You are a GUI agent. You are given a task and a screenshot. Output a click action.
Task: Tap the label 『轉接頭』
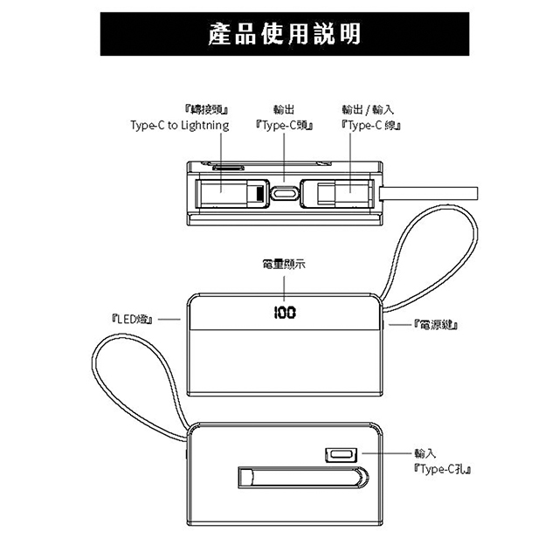point(207,110)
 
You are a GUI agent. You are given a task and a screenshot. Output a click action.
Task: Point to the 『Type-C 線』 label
point(368,126)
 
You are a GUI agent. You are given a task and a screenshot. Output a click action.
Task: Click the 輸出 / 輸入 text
point(368,110)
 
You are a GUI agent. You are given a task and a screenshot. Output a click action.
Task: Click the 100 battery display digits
point(283,313)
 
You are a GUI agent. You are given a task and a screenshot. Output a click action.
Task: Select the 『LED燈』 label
point(134,321)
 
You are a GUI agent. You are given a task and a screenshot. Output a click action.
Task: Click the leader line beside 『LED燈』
point(170,320)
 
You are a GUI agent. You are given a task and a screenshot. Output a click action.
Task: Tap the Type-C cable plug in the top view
point(341,192)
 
